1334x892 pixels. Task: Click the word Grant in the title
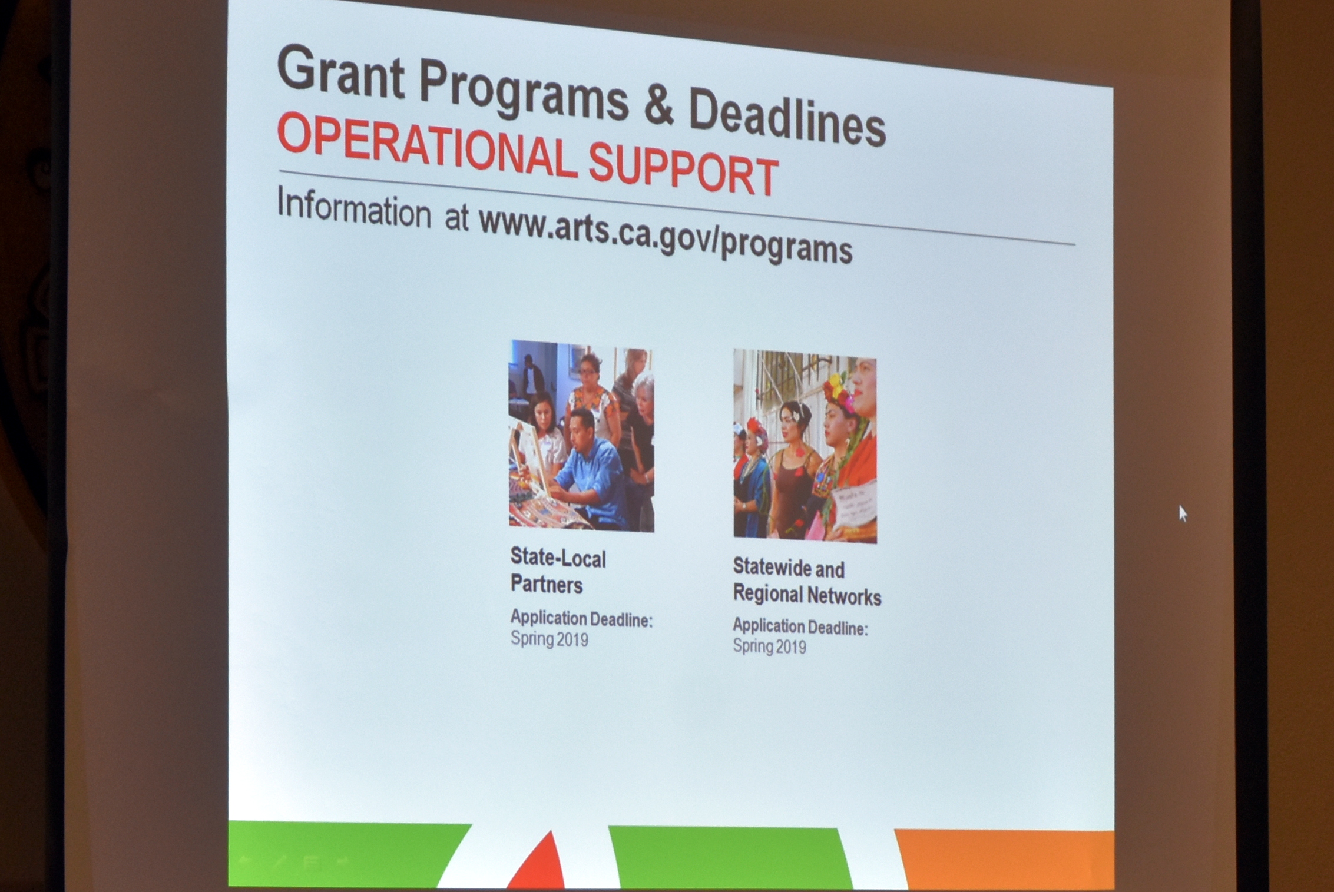tap(341, 74)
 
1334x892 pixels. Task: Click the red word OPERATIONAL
tap(426, 145)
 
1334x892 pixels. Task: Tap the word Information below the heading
tap(354, 207)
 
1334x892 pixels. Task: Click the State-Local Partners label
tap(558, 571)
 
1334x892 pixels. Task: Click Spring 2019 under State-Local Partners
tap(549, 639)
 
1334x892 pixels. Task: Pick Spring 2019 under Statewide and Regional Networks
tap(769, 646)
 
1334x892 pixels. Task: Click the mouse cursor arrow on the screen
tap(1183, 513)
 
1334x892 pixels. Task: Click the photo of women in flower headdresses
tap(805, 446)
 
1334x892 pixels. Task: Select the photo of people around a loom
tap(581, 436)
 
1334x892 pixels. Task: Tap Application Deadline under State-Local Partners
tap(581, 619)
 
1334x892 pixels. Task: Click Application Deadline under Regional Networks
tap(800, 626)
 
